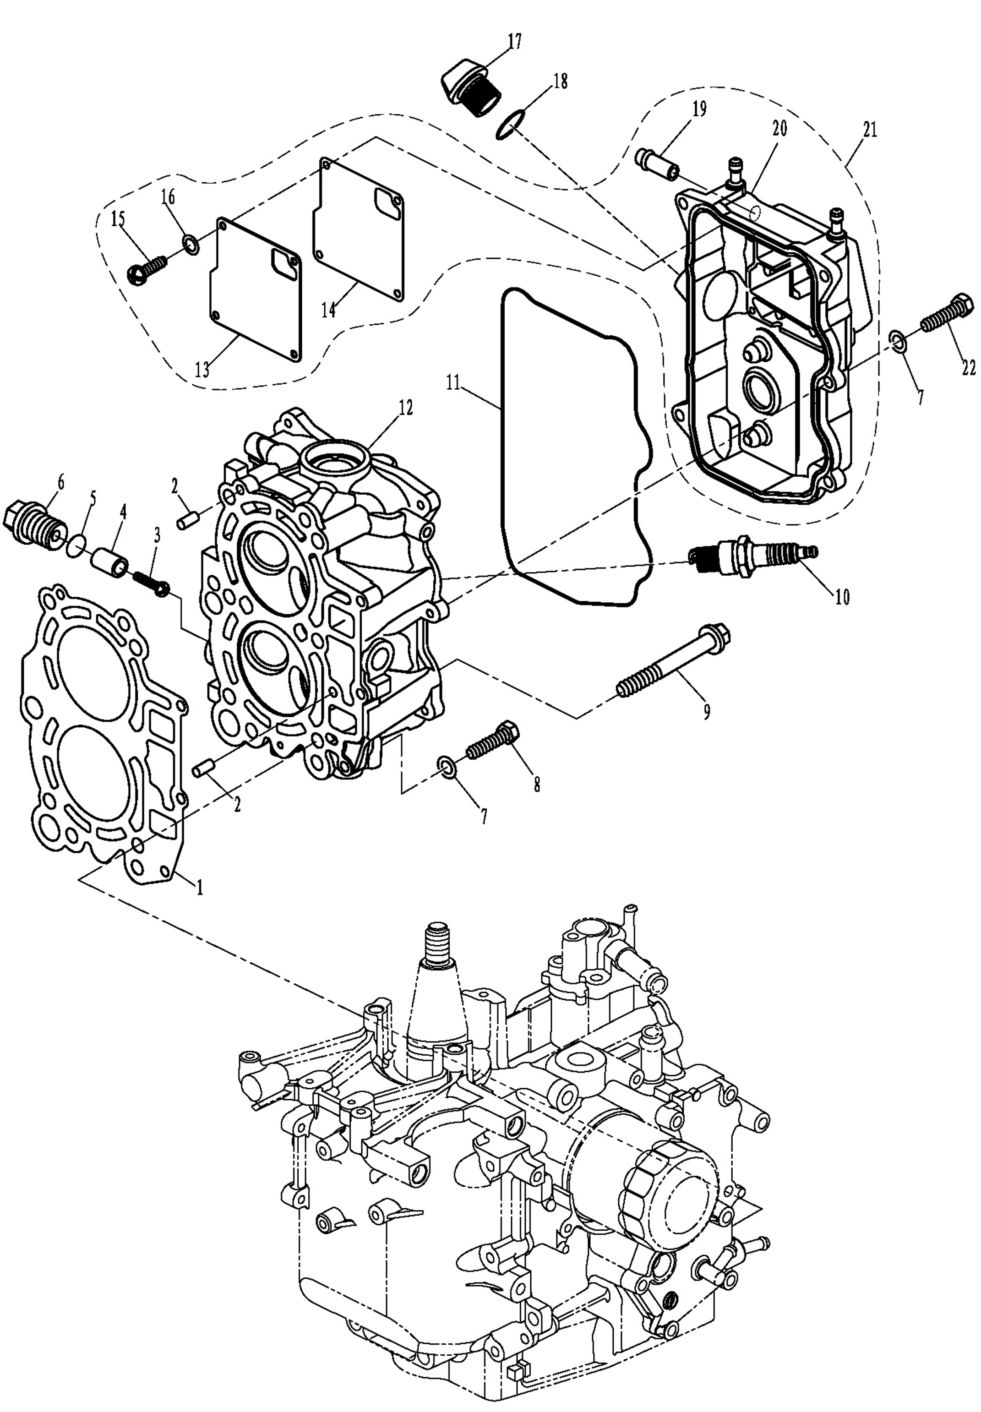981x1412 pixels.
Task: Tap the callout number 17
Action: [x=514, y=42]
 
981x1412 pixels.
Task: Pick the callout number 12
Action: [x=406, y=407]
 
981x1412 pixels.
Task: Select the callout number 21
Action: [x=870, y=131]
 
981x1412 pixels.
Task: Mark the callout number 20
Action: [x=779, y=129]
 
